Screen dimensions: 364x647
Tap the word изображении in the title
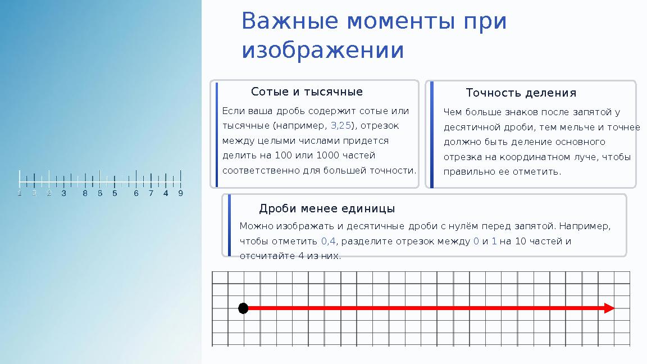tap(322, 50)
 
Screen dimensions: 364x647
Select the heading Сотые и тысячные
tap(307, 92)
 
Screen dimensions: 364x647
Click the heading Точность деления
tap(521, 93)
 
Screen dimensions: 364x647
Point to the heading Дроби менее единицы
tap(326, 209)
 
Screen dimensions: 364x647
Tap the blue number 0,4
tap(329, 241)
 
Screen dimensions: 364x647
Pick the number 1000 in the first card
tap(327, 155)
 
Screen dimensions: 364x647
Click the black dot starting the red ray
tap(243, 308)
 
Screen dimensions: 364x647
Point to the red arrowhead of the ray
tap(609, 308)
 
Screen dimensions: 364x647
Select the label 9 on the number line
tap(180, 194)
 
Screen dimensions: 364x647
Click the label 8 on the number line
tap(85, 194)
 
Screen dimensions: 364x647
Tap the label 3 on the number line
tap(63, 194)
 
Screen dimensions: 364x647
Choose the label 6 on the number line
tap(136, 194)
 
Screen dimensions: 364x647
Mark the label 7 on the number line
tap(151, 194)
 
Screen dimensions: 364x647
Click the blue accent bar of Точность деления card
tap(431, 134)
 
